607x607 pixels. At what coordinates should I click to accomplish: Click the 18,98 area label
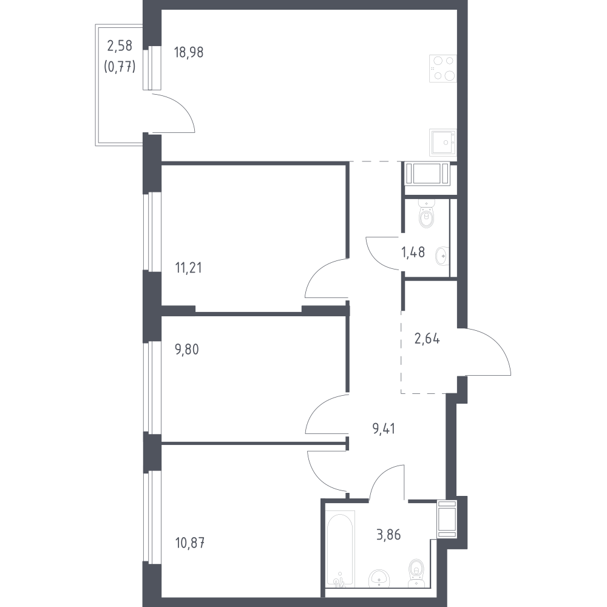(189, 52)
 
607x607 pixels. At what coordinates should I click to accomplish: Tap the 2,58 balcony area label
(120, 46)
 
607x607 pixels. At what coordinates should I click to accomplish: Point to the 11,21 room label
(189, 268)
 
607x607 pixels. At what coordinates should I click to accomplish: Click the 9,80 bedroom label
(187, 350)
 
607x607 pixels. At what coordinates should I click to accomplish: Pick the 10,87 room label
(189, 543)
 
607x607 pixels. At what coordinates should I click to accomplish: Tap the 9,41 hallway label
(384, 429)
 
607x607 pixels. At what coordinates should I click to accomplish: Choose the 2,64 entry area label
(427, 339)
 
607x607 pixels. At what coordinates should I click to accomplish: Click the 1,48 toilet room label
(413, 253)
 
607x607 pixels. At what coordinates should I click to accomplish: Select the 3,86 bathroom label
(388, 535)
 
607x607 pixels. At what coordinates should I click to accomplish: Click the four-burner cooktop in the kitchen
(443, 68)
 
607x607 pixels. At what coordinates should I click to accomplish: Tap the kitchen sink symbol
(443, 143)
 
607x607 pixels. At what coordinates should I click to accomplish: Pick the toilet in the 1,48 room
(427, 214)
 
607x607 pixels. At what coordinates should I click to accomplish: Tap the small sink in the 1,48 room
(442, 256)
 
